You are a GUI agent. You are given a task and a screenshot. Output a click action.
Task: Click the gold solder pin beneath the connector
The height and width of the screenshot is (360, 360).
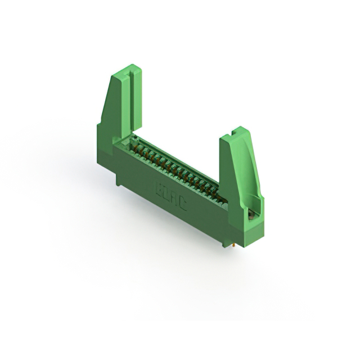click(231, 245)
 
